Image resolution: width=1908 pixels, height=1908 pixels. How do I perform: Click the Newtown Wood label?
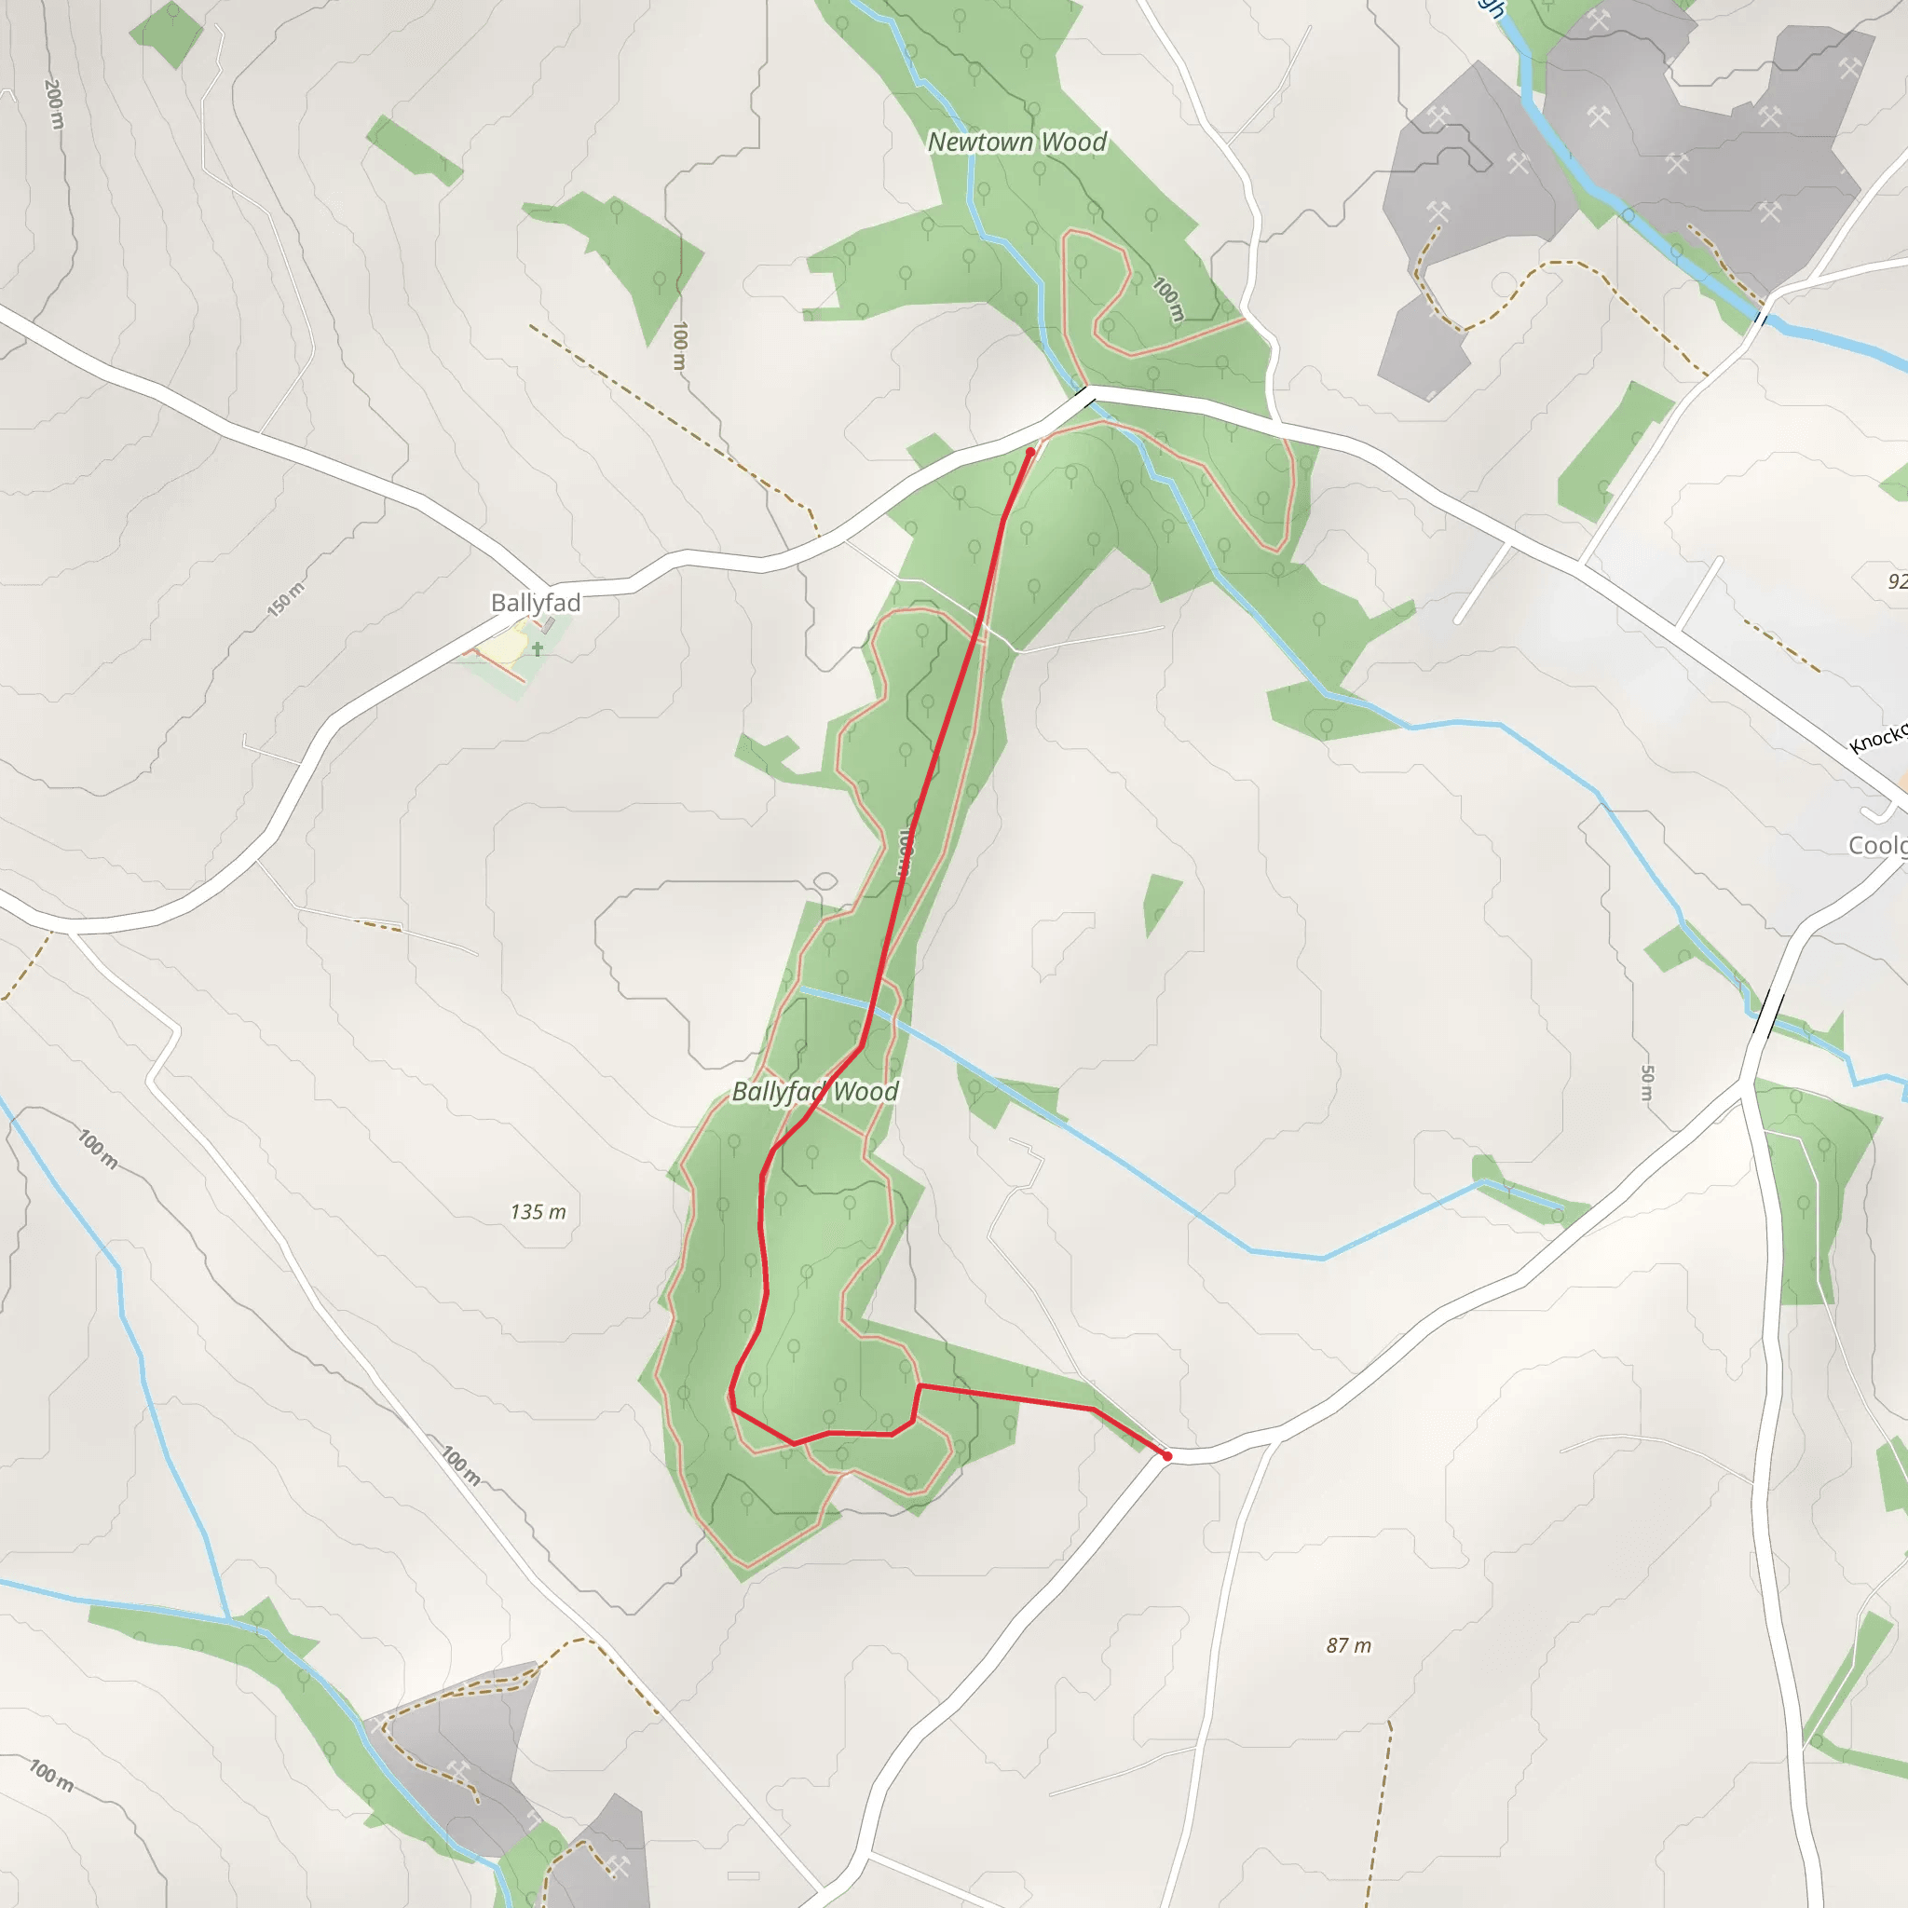click(x=1016, y=143)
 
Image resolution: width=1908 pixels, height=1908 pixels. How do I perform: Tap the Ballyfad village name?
click(x=536, y=602)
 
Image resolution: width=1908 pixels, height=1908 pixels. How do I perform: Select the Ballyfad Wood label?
click(x=815, y=1091)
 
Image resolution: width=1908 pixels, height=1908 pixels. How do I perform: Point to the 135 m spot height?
click(x=538, y=1212)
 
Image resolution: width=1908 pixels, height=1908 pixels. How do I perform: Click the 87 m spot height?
click(x=1348, y=1645)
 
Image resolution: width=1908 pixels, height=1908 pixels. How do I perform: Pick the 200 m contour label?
click(x=54, y=103)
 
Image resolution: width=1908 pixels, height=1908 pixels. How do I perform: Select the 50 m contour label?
click(x=1646, y=1083)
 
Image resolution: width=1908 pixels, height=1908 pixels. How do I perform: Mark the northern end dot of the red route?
click(x=1031, y=452)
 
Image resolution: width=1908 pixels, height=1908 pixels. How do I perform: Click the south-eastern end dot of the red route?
click(x=1167, y=1456)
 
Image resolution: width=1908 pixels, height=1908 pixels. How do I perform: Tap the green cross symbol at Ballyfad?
click(x=538, y=648)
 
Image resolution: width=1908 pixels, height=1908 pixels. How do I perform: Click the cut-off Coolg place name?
click(x=1876, y=845)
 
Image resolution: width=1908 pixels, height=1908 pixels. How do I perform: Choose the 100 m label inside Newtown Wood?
click(x=1168, y=298)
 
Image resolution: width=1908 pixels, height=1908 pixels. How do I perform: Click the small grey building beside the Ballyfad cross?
click(x=549, y=624)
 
